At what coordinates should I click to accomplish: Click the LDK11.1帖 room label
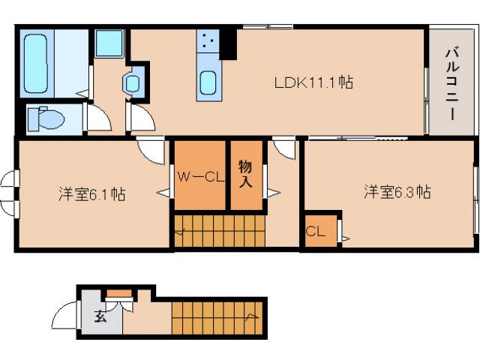click(x=313, y=83)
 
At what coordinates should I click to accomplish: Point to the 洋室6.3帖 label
click(x=397, y=192)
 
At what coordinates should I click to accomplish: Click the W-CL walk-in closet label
click(x=200, y=177)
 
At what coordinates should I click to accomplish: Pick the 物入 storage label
click(x=245, y=173)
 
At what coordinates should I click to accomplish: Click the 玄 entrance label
click(x=100, y=316)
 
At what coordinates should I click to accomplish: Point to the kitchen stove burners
click(x=208, y=42)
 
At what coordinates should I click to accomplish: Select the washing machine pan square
click(x=109, y=43)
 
